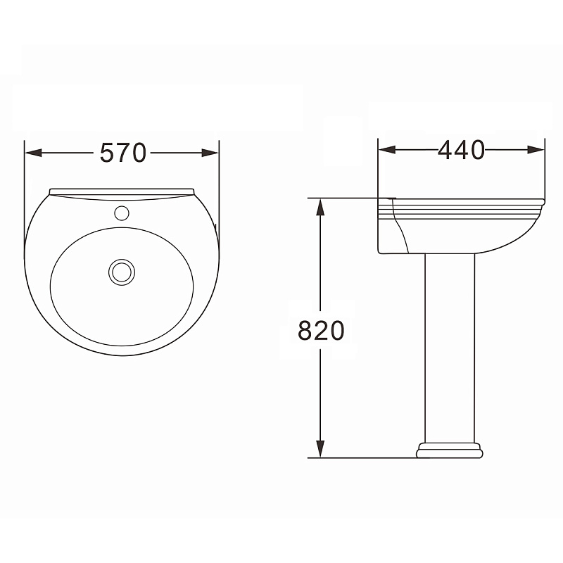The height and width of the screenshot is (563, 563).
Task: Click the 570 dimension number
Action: pyautogui.click(x=122, y=153)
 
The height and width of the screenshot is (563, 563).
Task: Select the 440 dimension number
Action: pyautogui.click(x=462, y=150)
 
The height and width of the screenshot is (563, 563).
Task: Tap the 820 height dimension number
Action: pyautogui.click(x=321, y=330)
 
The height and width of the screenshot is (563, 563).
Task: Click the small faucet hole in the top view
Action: pyautogui.click(x=122, y=213)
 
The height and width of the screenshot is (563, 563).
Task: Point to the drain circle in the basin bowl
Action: pyautogui.click(x=122, y=272)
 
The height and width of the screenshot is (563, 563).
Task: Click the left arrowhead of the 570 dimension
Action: pyautogui.click(x=34, y=153)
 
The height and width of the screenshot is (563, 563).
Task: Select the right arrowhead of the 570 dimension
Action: pyautogui.click(x=210, y=153)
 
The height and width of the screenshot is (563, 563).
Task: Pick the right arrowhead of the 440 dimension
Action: pyautogui.click(x=536, y=150)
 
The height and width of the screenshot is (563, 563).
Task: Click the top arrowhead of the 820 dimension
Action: pyautogui.click(x=320, y=207)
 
